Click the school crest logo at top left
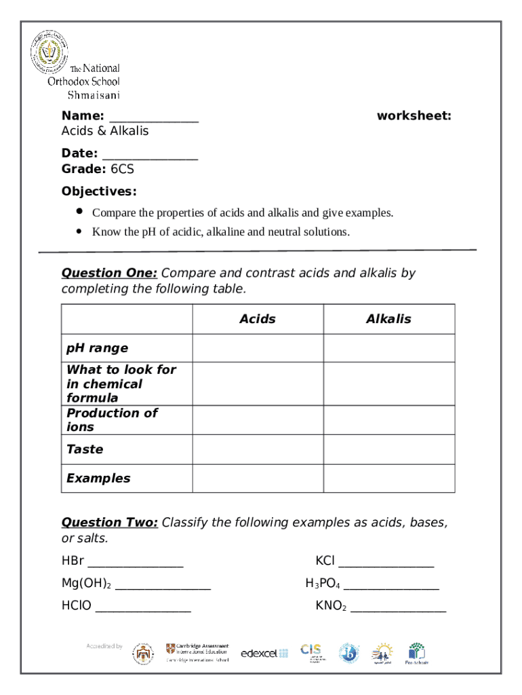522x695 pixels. pyautogui.click(x=49, y=52)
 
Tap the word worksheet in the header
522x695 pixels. pyautogui.click(x=414, y=116)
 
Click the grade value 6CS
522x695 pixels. pyautogui.click(x=123, y=169)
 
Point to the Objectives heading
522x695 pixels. pyautogui.click(x=99, y=191)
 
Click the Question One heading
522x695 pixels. pyautogui.click(x=109, y=273)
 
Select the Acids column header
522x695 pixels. pyautogui.click(x=258, y=319)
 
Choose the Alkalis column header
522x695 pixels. pyautogui.click(x=388, y=319)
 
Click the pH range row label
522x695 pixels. pyautogui.click(x=97, y=348)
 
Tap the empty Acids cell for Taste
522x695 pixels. pyautogui.click(x=258, y=449)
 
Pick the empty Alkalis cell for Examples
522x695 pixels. pyautogui.click(x=388, y=478)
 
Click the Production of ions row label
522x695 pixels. pyautogui.click(x=111, y=420)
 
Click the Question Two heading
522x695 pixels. pyautogui.click(x=110, y=522)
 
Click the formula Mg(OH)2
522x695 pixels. pyautogui.click(x=86, y=584)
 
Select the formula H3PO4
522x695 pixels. pyautogui.click(x=323, y=584)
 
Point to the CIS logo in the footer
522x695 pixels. pyautogui.click(x=310, y=652)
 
